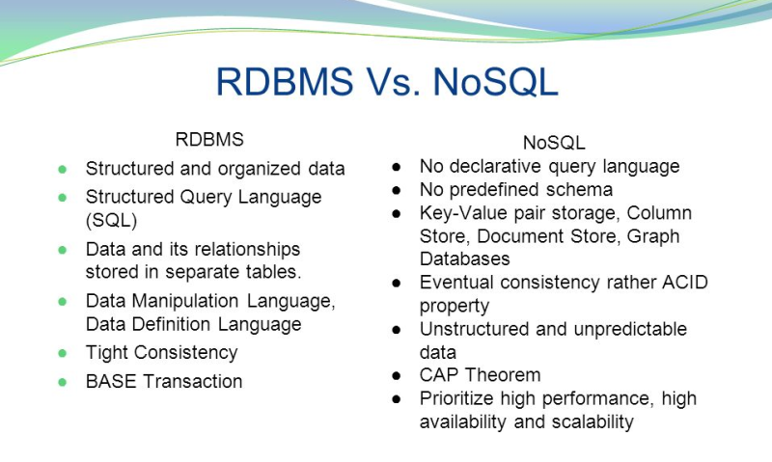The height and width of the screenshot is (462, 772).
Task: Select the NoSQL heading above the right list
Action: click(x=554, y=142)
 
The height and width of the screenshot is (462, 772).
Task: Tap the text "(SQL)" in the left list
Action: click(x=112, y=220)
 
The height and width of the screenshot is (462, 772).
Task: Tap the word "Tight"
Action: click(x=107, y=352)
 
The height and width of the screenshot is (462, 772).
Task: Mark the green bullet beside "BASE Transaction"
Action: click(x=63, y=382)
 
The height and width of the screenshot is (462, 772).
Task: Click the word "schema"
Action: click(x=582, y=189)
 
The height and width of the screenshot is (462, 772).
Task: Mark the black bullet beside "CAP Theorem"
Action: click(x=397, y=375)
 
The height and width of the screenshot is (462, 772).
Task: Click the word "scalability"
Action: click(x=585, y=421)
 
